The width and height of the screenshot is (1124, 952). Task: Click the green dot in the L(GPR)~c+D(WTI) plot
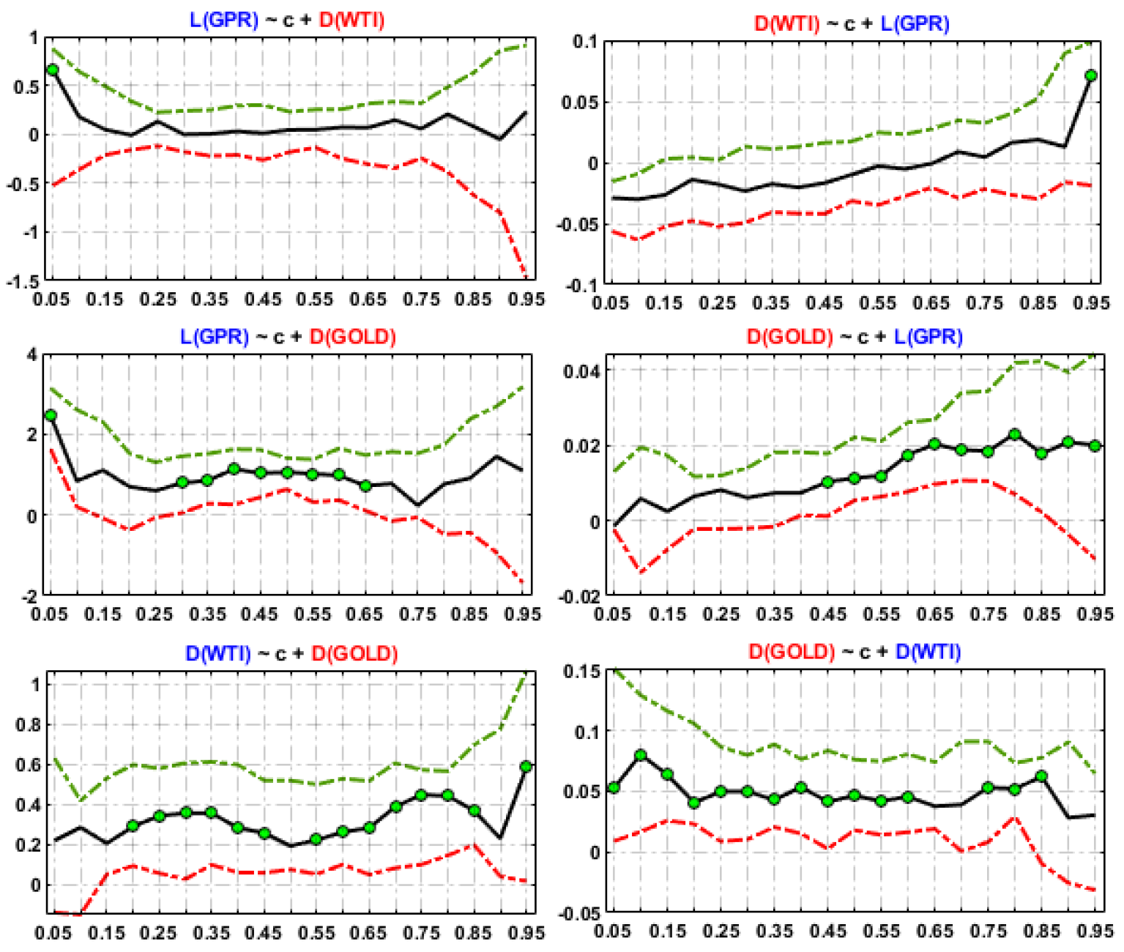click(52, 70)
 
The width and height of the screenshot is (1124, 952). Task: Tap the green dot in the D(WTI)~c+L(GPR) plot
click(1091, 75)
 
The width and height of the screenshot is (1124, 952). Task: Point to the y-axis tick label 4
click(31, 355)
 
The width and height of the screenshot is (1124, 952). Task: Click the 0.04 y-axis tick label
click(581, 371)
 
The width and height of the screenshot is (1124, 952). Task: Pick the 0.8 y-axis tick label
click(28, 725)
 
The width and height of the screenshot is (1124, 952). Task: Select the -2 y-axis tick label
click(28, 596)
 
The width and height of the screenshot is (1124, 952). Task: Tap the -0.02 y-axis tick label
click(578, 598)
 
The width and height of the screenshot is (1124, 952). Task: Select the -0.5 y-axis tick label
click(22, 184)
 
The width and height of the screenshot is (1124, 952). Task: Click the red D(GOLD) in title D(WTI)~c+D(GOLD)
click(354, 653)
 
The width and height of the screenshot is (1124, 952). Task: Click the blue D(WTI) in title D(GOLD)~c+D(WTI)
click(928, 651)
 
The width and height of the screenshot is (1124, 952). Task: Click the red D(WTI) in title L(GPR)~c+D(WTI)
click(352, 20)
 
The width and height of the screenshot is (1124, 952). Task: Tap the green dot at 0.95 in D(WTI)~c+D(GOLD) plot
click(526, 767)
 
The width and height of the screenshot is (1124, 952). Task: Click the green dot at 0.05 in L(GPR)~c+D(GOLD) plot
click(51, 415)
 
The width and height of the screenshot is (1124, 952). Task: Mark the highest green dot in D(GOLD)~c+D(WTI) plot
click(641, 755)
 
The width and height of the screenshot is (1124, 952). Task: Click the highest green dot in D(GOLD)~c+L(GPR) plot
click(1014, 435)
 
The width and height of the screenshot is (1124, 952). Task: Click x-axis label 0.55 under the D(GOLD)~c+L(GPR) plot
click(882, 614)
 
